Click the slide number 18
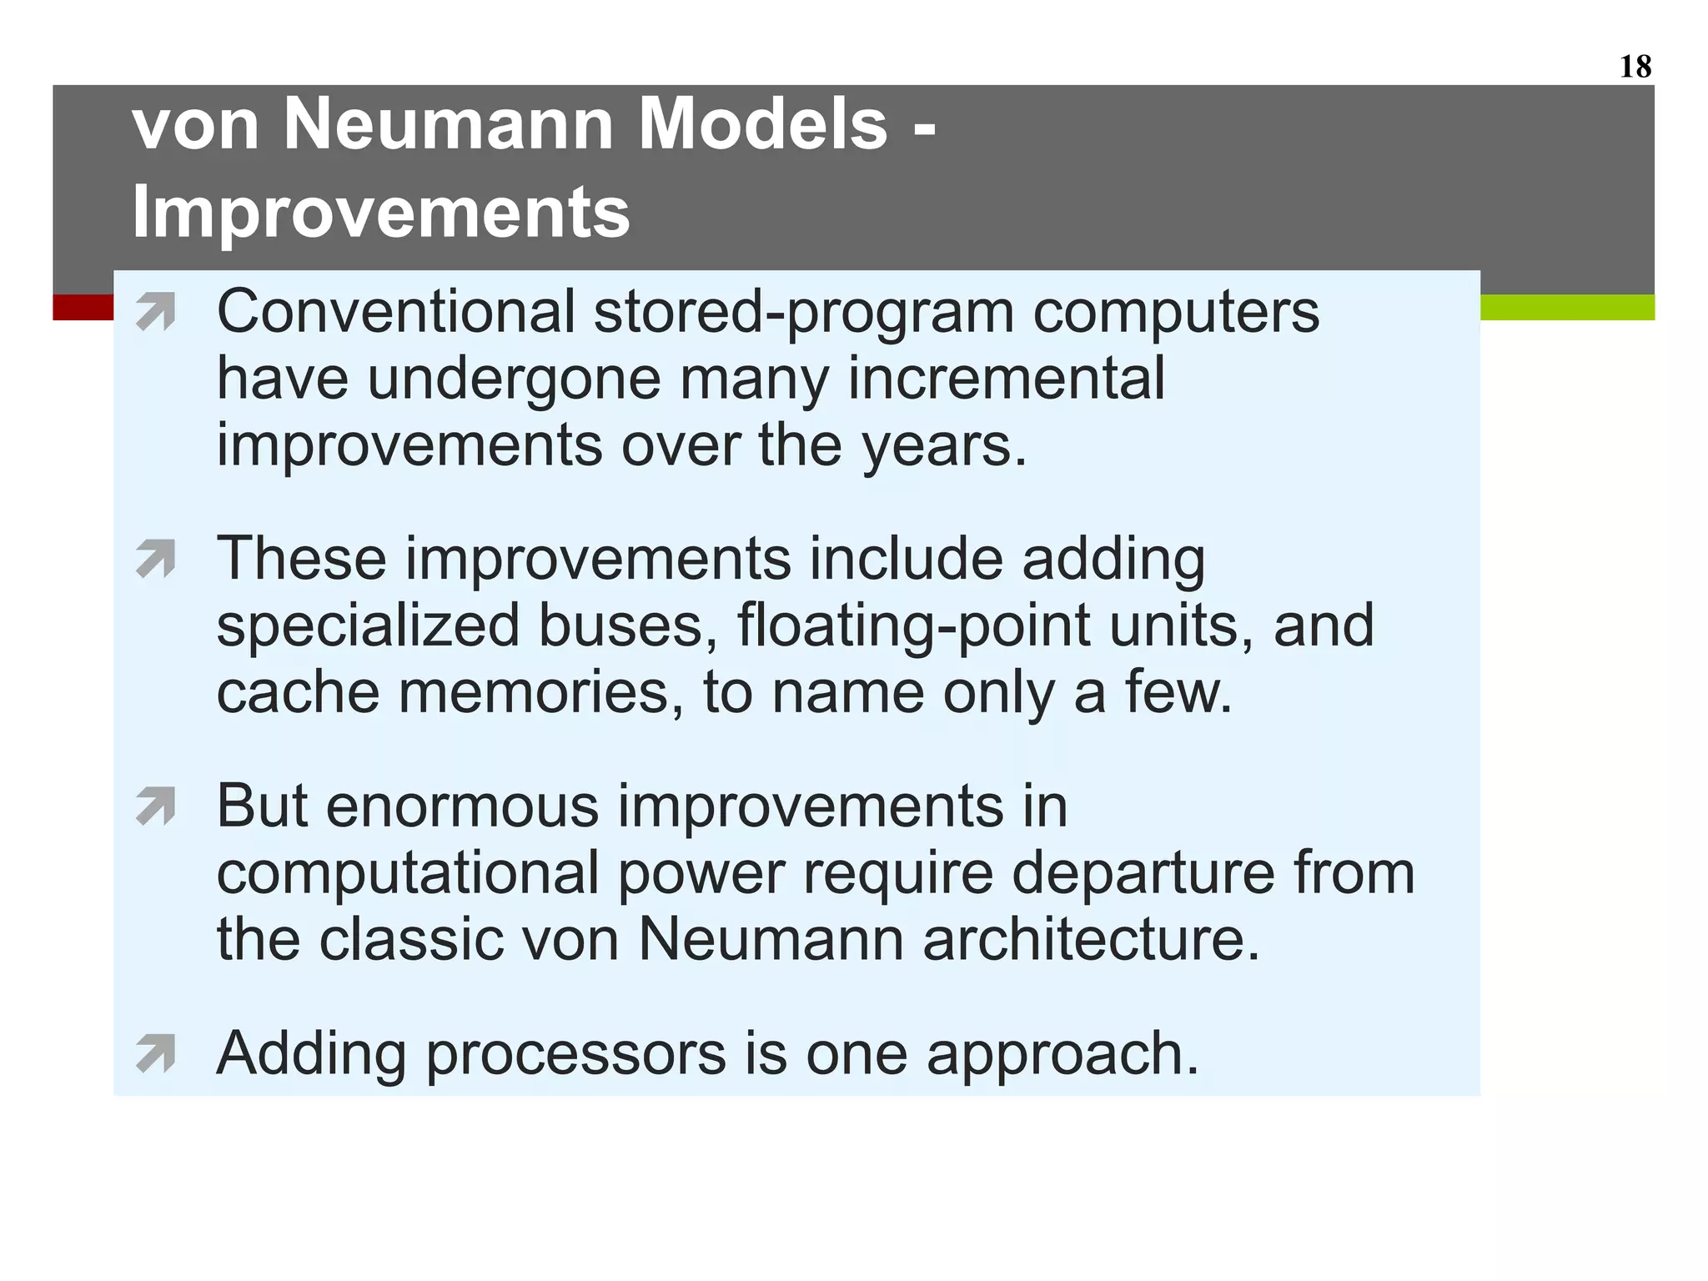click(x=1635, y=67)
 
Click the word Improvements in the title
click(x=380, y=213)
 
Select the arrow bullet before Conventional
click(x=156, y=312)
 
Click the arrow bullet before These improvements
click(x=156, y=559)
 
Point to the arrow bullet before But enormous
click(x=156, y=806)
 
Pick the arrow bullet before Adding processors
click(x=156, y=1053)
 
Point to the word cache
click(x=298, y=693)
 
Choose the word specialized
click(x=368, y=626)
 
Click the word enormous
click(x=462, y=806)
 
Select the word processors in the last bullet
click(x=575, y=1055)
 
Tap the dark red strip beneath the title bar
click(x=83, y=307)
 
